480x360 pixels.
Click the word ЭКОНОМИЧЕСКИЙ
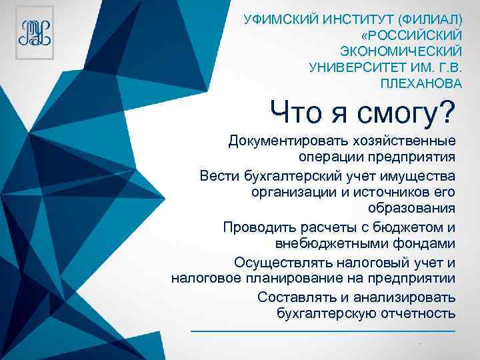(401, 51)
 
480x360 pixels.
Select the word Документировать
(281, 141)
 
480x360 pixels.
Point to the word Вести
(217, 176)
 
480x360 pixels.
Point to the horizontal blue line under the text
(323, 331)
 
